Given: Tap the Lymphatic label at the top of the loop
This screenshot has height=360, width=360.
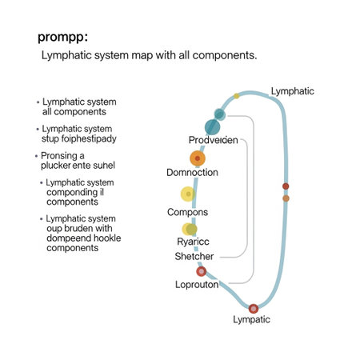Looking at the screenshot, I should point(293,90).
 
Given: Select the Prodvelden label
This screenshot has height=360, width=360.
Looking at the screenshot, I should point(213,140).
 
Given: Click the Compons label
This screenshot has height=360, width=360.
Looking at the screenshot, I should point(187,212).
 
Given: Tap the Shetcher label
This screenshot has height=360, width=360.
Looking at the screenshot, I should point(194,256).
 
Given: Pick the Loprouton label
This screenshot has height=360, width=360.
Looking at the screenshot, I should point(197,284).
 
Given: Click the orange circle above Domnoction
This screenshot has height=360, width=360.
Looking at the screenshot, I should point(198,158).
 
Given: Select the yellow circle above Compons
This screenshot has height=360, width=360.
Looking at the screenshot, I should point(187,194).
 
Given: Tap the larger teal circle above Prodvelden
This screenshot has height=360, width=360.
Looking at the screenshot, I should point(212,126).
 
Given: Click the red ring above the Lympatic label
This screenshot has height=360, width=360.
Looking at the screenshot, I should point(254,308).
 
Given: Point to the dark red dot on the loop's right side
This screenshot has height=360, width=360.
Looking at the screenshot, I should point(286,186).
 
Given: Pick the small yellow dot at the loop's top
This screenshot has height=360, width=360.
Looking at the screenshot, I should point(237,96).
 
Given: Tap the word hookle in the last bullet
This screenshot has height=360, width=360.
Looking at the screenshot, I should point(109,238).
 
